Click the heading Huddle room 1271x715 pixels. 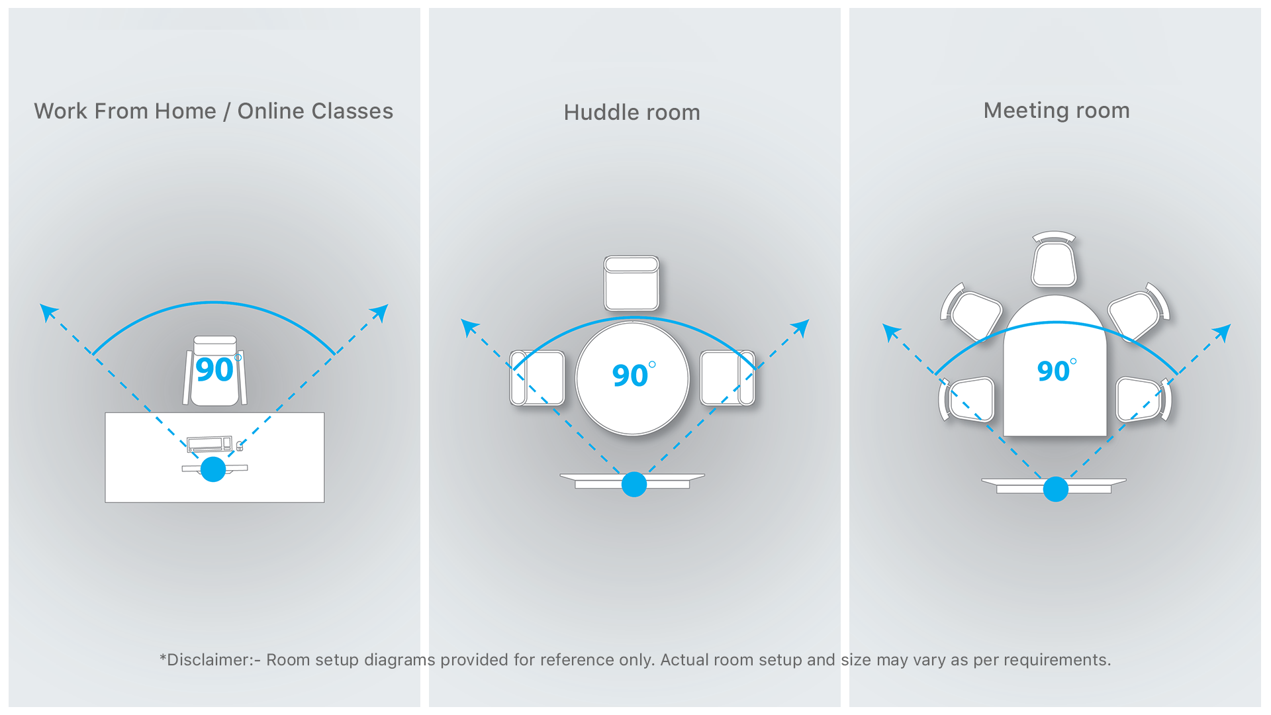632,113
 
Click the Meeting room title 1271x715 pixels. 1056,110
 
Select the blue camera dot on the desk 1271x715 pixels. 213,469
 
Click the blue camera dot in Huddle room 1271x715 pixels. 634,485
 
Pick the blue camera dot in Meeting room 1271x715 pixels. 1055,489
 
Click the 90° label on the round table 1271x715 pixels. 633,375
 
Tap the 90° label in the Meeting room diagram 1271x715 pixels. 1055,370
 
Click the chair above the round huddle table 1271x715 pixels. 632,283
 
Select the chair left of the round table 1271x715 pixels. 537,378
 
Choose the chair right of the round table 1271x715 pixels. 728,378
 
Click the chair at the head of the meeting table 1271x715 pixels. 1054,260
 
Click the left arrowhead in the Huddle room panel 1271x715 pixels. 469,326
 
